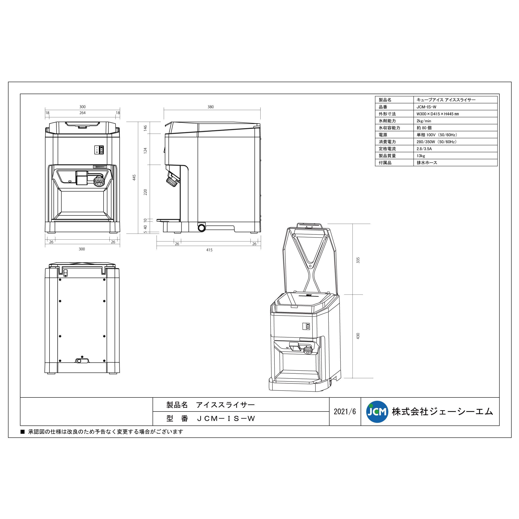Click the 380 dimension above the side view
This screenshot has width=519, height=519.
tap(210, 107)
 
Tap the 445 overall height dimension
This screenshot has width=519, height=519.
tap(134, 177)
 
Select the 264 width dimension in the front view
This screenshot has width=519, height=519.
tap(82, 113)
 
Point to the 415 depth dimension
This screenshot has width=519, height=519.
tap(209, 250)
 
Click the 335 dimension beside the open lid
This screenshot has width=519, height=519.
tap(358, 260)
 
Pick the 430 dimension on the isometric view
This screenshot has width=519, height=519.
tap(358, 336)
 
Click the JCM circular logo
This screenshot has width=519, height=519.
tap(377, 412)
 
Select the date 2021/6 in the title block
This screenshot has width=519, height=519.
tap(345, 412)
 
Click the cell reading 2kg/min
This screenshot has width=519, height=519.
tap(424, 121)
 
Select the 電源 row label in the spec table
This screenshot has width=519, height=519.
tap(383, 135)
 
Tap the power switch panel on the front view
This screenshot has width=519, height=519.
tap(99, 150)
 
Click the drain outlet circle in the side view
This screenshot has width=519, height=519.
tap(201, 228)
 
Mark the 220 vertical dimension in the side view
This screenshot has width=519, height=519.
tap(145, 192)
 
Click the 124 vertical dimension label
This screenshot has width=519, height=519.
tap(145, 151)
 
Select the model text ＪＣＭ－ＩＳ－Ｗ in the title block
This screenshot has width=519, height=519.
tap(226, 418)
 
